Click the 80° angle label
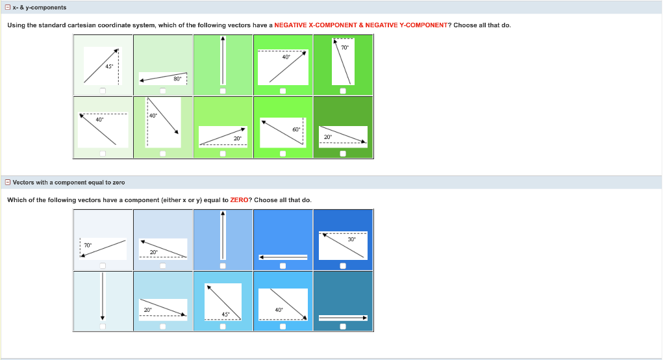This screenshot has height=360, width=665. tap(177, 79)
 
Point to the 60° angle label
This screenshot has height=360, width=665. tap(296, 129)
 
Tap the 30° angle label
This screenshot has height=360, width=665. tap(351, 239)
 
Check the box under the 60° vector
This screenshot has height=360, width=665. tap(283, 153)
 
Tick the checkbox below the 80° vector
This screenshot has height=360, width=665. tap(163, 91)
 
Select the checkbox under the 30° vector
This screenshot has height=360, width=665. tap(343, 266)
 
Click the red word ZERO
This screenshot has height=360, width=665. tap(239, 200)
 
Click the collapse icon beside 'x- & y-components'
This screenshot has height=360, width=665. tap(8, 7)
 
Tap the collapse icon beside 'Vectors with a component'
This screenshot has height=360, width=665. tap(8, 182)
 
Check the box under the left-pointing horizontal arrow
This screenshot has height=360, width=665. tap(283, 266)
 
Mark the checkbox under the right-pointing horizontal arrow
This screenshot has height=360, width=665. tap(343, 326)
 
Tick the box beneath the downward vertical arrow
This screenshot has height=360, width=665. tap(103, 326)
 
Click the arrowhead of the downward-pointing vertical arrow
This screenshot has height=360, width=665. tap(103, 318)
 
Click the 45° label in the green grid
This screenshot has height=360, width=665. tap(109, 66)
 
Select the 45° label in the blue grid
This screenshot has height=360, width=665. tap(225, 315)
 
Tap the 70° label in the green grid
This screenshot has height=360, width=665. tap(345, 47)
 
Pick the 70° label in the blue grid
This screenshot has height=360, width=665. tap(88, 246)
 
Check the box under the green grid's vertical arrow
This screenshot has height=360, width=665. tap(223, 91)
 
